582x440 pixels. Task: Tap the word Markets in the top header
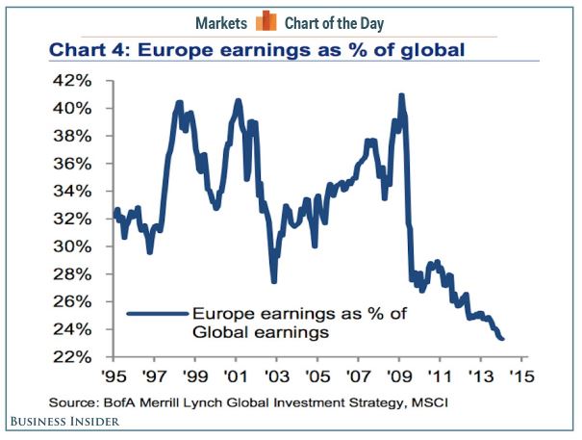223,21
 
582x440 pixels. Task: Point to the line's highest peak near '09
401,95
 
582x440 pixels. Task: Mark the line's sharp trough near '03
274,280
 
